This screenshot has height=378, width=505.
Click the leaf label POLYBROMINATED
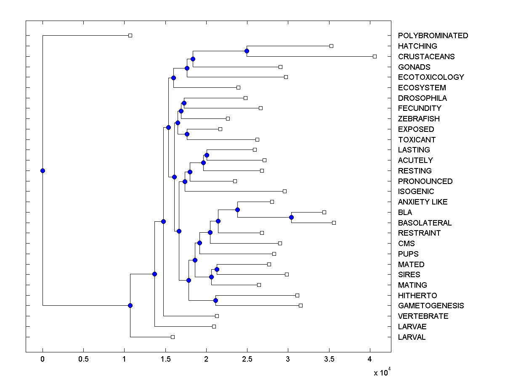433,36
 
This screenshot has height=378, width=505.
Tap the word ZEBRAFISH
418,119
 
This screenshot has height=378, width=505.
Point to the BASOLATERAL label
425,223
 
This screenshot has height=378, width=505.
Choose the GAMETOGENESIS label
431,306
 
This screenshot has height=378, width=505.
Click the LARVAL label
412,337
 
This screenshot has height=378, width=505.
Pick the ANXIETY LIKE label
423,202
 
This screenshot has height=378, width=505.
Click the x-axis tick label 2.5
247,360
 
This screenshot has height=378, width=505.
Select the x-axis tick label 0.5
83,360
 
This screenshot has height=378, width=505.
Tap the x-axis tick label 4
370,360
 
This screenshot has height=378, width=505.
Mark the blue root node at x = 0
43,171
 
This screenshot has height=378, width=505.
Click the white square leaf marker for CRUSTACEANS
375,56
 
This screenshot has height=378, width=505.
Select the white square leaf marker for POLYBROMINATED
130,35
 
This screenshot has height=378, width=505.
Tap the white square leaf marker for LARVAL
173,337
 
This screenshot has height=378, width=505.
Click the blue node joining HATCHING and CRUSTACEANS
247,51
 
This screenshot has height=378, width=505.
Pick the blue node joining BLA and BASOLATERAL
291,217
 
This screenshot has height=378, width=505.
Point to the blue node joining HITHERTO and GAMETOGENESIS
215,300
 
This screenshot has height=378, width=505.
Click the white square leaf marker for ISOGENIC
284,191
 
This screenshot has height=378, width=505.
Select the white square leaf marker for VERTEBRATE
217,316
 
